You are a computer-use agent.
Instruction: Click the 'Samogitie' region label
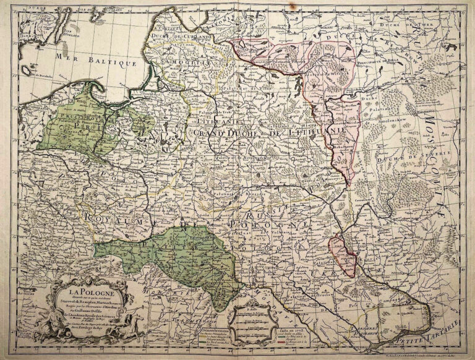[184, 62]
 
